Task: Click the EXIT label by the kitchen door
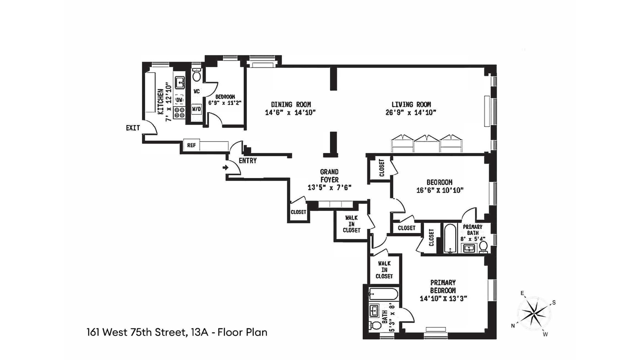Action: (133, 128)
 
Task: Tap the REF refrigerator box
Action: (191, 145)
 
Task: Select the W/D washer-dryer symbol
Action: (196, 109)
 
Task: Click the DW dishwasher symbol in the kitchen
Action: (179, 99)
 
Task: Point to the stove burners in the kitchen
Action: (179, 112)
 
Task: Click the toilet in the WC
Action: (196, 76)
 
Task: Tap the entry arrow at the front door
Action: (226, 167)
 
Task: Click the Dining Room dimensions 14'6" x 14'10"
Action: (290, 113)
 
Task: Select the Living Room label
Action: (411, 104)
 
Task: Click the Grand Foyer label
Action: (329, 176)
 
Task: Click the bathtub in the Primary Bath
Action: (450, 238)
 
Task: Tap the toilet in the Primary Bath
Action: (483, 247)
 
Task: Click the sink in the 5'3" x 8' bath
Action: (374, 311)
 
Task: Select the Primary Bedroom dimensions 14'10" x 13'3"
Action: (443, 299)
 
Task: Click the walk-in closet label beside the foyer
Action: (351, 224)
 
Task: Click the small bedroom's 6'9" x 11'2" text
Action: (225, 103)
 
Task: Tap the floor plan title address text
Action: (177, 332)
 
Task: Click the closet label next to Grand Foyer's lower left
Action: (298, 212)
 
